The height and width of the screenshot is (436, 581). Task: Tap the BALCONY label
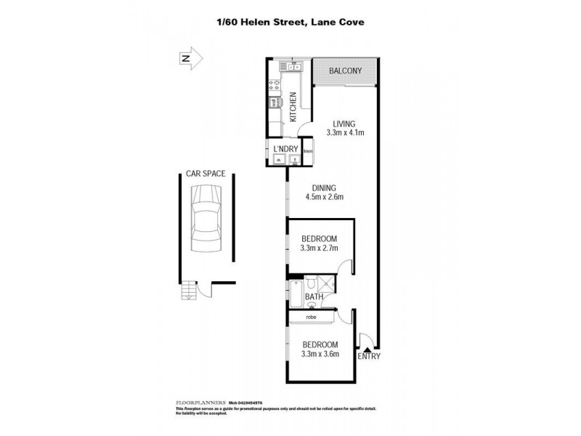click(346, 71)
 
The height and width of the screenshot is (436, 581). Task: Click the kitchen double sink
click(294, 68)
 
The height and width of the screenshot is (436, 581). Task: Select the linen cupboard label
click(308, 151)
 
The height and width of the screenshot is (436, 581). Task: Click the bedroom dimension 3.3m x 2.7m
click(319, 247)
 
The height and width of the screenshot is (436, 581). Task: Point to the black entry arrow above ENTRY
click(367, 348)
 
